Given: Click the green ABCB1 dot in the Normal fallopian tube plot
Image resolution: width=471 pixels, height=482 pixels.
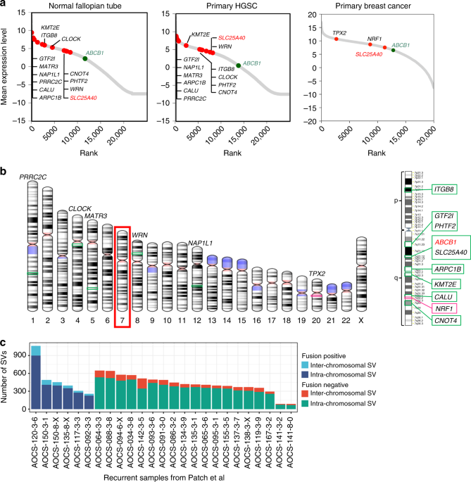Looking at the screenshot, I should pos(84,58).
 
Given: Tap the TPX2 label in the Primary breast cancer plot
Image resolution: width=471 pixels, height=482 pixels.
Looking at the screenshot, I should pos(341,32).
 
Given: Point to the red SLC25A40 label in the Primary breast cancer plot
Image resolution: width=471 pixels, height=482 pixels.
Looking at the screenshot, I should pos(369,53).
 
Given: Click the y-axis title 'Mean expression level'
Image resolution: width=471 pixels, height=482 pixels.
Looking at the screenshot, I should pos(8,67).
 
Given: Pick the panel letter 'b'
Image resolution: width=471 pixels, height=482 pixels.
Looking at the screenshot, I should pos(4,171).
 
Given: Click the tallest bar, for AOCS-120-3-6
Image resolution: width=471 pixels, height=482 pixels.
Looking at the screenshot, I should pos(35,369).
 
